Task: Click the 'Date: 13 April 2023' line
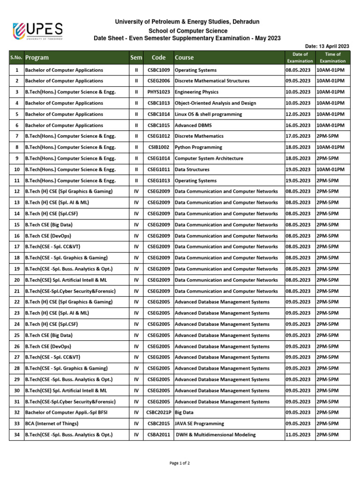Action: tap(327, 46)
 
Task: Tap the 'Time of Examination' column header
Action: tap(332, 58)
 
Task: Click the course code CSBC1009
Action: tap(159, 70)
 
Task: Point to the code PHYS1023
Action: tap(159, 92)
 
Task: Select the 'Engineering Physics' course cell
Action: tap(196, 92)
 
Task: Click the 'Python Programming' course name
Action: tap(198, 147)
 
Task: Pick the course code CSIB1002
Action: tap(159, 147)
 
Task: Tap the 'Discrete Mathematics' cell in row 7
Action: tap(199, 136)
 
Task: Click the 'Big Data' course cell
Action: tap(185, 412)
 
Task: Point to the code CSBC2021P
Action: tap(159, 412)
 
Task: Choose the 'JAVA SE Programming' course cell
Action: tap(199, 424)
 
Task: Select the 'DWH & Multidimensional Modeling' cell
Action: tap(216, 435)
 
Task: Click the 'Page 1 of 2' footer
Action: tap(180, 463)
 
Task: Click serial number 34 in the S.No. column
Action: tap(16, 435)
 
